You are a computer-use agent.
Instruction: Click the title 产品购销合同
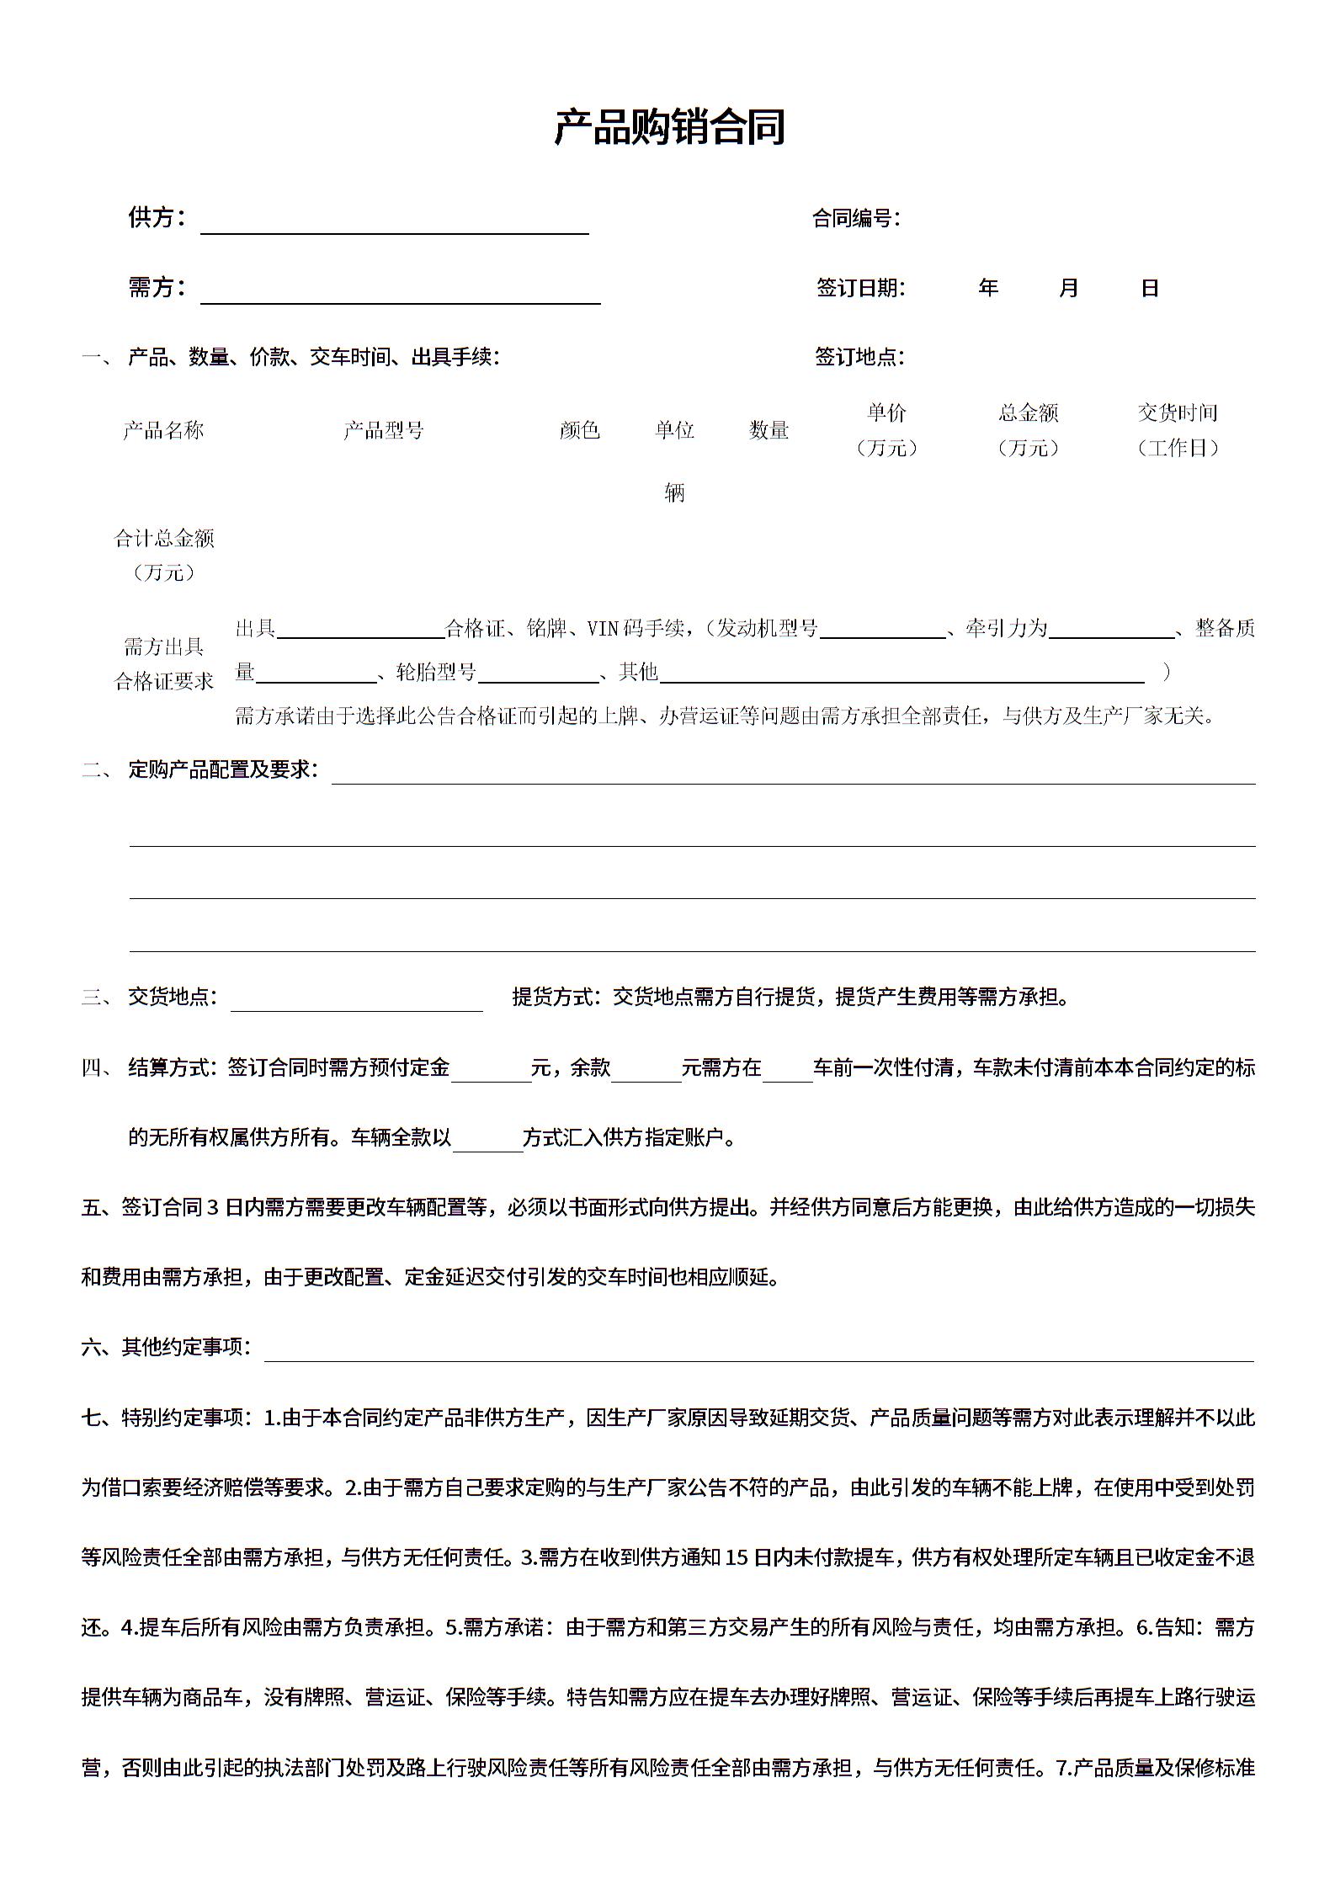point(669,128)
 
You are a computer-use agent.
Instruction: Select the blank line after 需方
point(400,295)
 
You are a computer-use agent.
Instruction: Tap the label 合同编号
point(854,219)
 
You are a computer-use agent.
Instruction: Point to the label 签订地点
point(858,357)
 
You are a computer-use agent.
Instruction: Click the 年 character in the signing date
point(988,289)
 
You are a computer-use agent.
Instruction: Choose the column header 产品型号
point(384,431)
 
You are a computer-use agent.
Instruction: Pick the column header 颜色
point(580,431)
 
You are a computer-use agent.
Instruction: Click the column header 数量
point(769,431)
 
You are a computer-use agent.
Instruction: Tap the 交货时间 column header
point(1178,413)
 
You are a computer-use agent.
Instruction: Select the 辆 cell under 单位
point(674,493)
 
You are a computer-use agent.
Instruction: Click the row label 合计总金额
point(164,539)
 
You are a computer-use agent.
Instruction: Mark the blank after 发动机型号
point(882,631)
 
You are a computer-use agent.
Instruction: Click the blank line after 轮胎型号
point(538,674)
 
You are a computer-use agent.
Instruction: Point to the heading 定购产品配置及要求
point(222,769)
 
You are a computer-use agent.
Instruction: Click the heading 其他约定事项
point(185,1347)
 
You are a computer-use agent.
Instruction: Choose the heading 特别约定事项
point(185,1418)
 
